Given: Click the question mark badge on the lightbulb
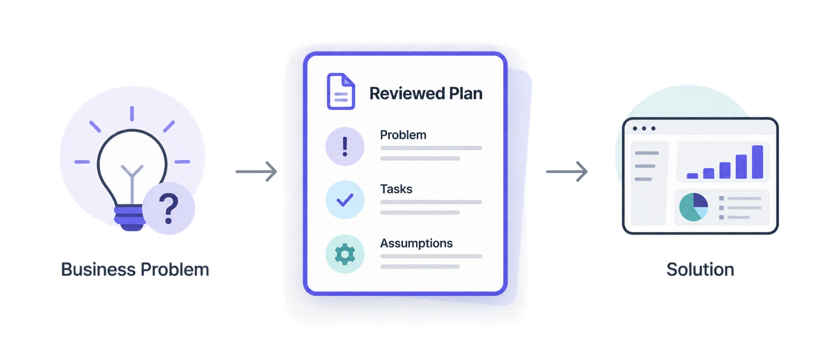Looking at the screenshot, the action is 169,208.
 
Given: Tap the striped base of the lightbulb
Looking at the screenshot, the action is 130,218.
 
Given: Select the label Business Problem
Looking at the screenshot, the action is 135,270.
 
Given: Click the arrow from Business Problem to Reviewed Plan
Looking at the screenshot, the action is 256,171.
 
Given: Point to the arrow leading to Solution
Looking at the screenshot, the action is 567,171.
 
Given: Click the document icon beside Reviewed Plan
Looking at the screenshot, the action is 341,92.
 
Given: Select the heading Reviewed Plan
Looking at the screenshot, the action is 426,93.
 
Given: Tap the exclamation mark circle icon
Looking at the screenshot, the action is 345,146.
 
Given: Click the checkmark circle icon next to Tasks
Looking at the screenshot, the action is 345,200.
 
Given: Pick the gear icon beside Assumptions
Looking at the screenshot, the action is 345,254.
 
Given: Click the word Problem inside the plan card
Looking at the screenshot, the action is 403,135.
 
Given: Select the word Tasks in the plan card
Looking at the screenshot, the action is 396,189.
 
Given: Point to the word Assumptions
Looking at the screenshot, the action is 416,244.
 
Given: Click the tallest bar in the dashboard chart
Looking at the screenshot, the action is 757,162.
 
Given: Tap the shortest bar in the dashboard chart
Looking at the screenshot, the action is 692,176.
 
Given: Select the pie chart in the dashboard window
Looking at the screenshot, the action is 694,207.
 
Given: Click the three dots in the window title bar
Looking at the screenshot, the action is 644,129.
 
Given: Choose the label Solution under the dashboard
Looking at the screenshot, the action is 700,270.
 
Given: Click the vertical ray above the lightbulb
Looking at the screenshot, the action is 132,114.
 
